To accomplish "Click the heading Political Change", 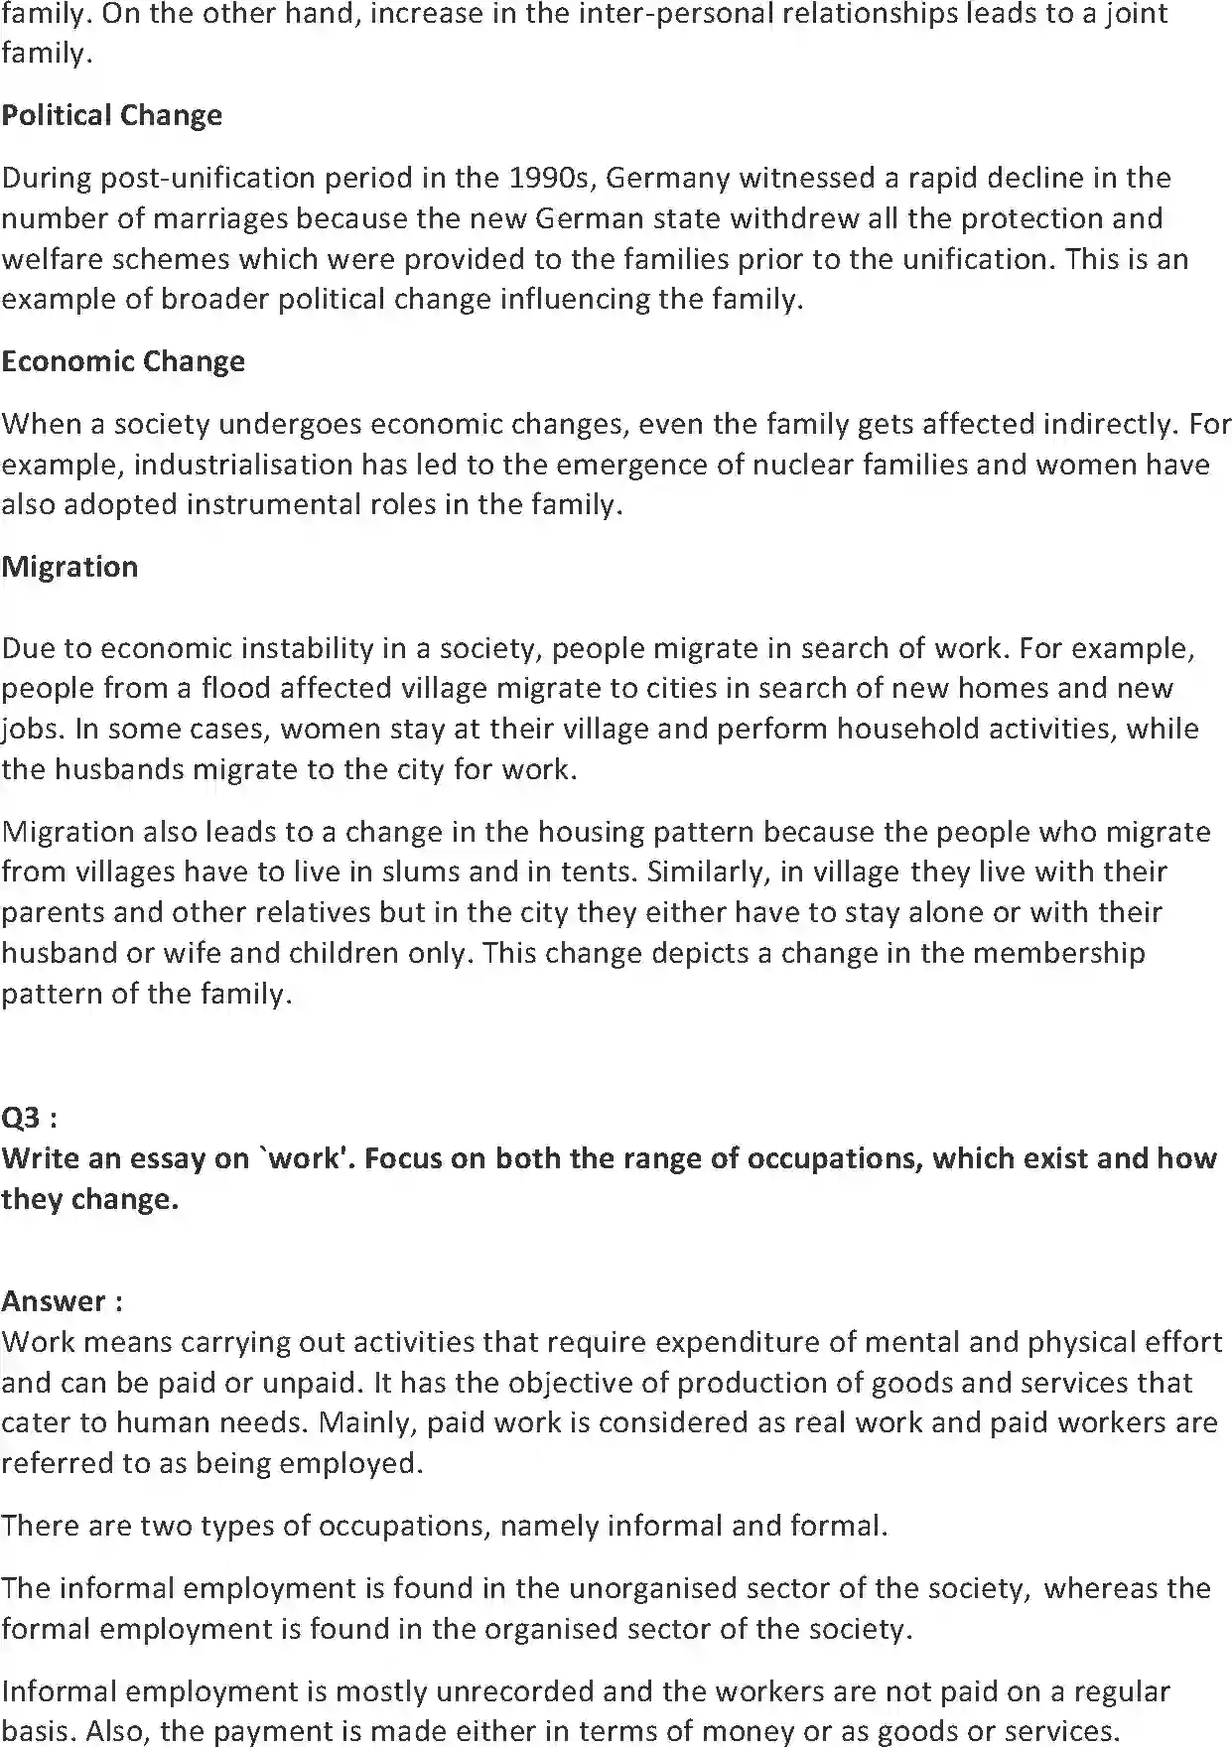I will [x=111, y=116].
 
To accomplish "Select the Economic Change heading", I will [x=123, y=361].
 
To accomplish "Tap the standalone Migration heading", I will [x=69, y=567].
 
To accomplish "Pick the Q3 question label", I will [x=29, y=1118].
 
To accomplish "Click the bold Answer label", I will [x=63, y=1300].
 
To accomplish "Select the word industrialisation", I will [x=243, y=465].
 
